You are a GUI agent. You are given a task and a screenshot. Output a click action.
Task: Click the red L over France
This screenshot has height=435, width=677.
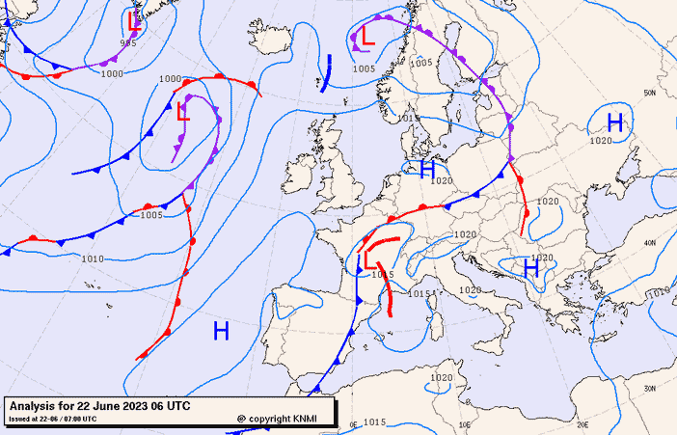pyautogui.click(x=370, y=259)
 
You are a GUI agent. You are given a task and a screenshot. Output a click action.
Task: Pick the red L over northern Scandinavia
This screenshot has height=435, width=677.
pyautogui.click(x=366, y=35)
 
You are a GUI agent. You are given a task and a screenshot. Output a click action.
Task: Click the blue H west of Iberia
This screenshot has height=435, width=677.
pyautogui.click(x=221, y=332)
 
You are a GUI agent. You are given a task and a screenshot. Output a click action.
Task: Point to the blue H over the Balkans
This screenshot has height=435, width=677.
pyautogui.click(x=529, y=268)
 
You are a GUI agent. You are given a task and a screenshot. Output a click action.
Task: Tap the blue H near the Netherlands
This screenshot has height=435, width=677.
pyautogui.click(x=428, y=170)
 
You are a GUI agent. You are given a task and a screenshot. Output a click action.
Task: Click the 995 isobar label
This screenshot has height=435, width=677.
pyautogui.click(x=128, y=42)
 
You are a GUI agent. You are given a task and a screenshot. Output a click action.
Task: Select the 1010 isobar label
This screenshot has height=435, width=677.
pyautogui.click(x=93, y=258)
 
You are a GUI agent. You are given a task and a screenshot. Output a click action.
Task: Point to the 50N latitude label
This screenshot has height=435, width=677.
pyautogui.click(x=649, y=93)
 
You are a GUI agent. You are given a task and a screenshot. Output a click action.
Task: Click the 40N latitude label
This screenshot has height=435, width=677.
pyautogui.click(x=649, y=243)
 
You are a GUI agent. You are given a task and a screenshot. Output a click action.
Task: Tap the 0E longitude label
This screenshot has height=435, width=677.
pyautogui.click(x=353, y=424)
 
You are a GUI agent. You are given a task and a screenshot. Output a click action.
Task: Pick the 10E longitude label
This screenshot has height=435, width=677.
pyautogui.click(x=465, y=424)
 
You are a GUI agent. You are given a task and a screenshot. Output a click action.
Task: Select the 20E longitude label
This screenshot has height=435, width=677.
pyautogui.click(x=582, y=424)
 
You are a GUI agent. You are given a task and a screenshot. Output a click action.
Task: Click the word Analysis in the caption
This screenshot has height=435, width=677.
pyautogui.click(x=37, y=406)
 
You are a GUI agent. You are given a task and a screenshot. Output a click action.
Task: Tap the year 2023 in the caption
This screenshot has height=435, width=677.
pyautogui.click(x=134, y=406)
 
